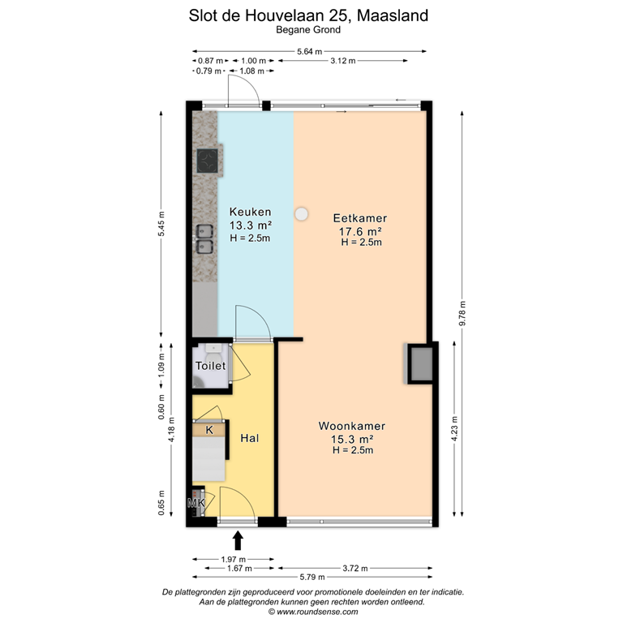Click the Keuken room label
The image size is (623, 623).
250,213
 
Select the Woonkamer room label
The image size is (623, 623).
351,426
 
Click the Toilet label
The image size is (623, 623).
210,367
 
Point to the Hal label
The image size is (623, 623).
250,437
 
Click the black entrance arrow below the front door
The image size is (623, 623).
238,539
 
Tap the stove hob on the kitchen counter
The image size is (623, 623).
208,159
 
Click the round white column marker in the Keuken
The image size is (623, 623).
302,214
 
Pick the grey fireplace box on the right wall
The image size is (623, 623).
419,363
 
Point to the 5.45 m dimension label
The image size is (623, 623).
161,230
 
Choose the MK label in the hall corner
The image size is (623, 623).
195,504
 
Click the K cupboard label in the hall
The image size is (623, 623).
209,430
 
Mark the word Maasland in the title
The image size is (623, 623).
393,15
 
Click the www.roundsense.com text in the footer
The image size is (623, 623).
317,612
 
